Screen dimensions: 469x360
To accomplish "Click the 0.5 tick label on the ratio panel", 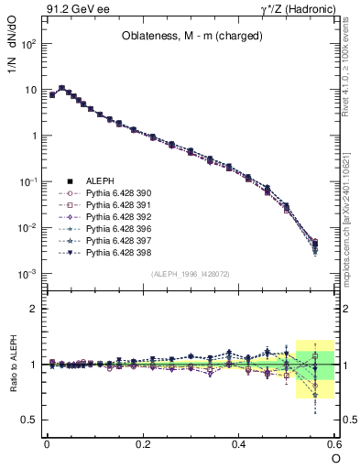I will coord(32,420).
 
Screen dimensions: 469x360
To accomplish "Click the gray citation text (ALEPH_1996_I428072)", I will coord(191,274).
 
